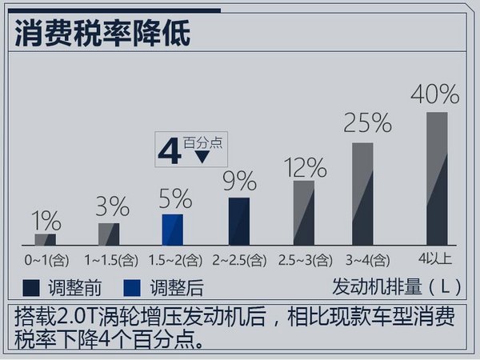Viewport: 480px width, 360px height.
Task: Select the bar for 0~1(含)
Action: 46,239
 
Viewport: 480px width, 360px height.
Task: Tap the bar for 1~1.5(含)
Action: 109,234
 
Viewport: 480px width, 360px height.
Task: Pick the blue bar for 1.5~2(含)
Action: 172,229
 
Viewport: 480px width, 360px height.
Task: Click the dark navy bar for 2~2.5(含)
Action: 239,221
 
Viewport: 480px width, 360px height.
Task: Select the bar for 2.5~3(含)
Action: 304,212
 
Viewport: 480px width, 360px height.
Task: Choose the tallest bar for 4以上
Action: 436,178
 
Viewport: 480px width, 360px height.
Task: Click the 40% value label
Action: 434,94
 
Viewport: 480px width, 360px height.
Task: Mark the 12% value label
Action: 305,167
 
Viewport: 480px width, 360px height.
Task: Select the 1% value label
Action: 46,218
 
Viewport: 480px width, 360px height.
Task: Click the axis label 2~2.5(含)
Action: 238,261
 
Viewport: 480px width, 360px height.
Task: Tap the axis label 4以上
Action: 436,258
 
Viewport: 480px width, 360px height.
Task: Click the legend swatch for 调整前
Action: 31,287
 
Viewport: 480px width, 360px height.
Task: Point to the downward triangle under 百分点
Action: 202,156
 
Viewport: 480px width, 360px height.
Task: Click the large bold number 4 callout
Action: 170,151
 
